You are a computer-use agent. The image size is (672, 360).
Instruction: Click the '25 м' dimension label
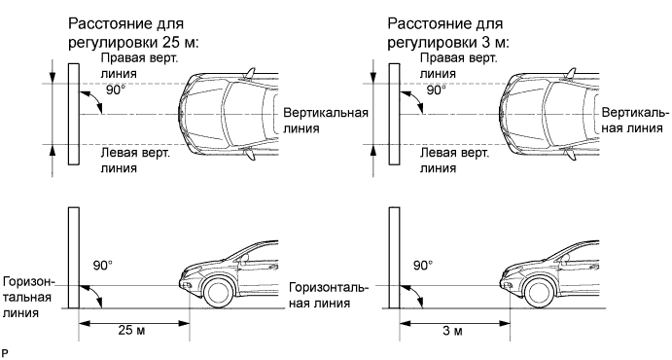tap(131, 331)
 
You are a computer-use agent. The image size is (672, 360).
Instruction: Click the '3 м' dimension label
tap(452, 331)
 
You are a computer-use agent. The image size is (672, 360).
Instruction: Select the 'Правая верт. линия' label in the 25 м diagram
tap(139, 66)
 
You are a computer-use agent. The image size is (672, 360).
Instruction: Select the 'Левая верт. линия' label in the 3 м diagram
tap(454, 161)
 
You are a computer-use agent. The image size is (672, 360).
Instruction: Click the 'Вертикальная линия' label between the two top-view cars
tap(326, 121)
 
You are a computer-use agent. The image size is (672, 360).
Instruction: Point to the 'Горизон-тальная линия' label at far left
tap(28, 297)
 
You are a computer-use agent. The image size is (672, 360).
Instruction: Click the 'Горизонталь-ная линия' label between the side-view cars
tap(329, 295)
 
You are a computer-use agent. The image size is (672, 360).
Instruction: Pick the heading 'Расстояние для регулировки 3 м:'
tap(448, 33)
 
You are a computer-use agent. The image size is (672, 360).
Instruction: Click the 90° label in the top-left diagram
tap(116, 90)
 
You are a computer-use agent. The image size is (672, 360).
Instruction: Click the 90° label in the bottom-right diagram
tap(423, 266)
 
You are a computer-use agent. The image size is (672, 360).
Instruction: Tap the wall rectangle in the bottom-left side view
tap(74, 258)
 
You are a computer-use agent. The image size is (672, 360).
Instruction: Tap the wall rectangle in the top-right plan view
tap(394, 115)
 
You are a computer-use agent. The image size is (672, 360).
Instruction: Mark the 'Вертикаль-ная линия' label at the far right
tap(635, 121)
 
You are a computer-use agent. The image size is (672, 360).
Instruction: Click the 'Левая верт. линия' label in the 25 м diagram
tap(135, 161)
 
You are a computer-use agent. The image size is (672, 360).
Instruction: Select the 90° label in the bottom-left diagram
tap(103, 266)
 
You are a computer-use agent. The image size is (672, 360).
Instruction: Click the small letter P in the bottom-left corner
tap(5, 354)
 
